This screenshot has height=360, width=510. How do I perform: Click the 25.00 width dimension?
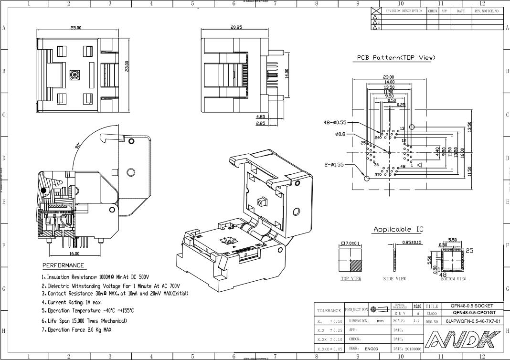pyautogui.click(x=76, y=28)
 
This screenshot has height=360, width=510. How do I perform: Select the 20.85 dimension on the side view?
pyautogui.click(x=236, y=27)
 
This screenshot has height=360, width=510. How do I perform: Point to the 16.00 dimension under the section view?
pyautogui.click(x=74, y=254)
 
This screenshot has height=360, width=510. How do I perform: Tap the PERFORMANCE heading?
pyautogui.click(x=63, y=265)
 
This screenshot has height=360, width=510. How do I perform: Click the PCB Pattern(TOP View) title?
pyautogui.click(x=396, y=58)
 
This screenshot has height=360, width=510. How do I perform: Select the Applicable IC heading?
pyautogui.click(x=398, y=229)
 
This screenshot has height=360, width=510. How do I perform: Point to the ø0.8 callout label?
pyautogui.click(x=342, y=134)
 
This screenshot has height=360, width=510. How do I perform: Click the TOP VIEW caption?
pyautogui.click(x=351, y=279)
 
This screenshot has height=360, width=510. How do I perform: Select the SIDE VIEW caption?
pyautogui.click(x=394, y=279)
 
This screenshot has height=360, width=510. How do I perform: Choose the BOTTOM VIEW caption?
pyautogui.click(x=453, y=279)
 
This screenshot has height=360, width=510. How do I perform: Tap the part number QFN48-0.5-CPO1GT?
pyautogui.click(x=472, y=313)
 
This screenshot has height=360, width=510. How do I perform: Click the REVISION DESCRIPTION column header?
pyautogui.click(x=404, y=11)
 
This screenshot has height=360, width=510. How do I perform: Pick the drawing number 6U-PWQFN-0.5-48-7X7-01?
pyautogui.click(x=473, y=321)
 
